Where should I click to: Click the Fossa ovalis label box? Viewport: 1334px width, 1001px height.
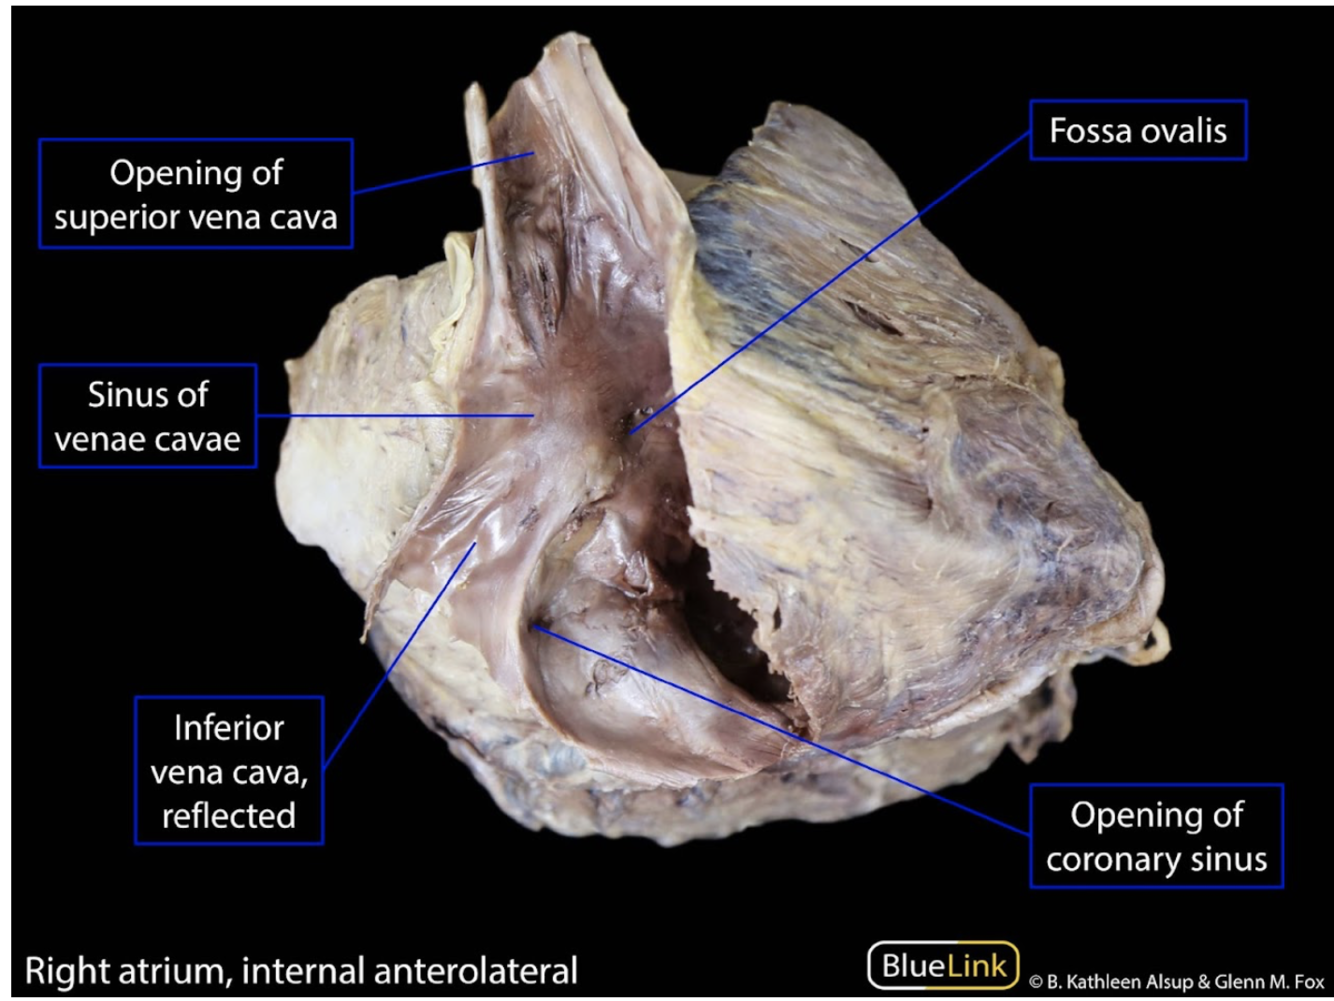coord(1138,130)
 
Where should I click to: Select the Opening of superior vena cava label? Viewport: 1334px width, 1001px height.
coord(196,194)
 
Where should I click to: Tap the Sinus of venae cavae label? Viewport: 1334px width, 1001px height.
coord(148,416)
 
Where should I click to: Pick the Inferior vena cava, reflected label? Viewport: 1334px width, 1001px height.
coord(229,771)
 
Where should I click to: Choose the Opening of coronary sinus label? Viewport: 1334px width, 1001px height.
coord(1156,836)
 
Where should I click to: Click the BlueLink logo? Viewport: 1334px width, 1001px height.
coord(943,965)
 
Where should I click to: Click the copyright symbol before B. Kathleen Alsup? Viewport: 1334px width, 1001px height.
coord(1036,981)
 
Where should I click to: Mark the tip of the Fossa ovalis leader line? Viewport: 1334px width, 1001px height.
coord(631,432)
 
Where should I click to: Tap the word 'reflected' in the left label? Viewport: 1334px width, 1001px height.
coord(229,815)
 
